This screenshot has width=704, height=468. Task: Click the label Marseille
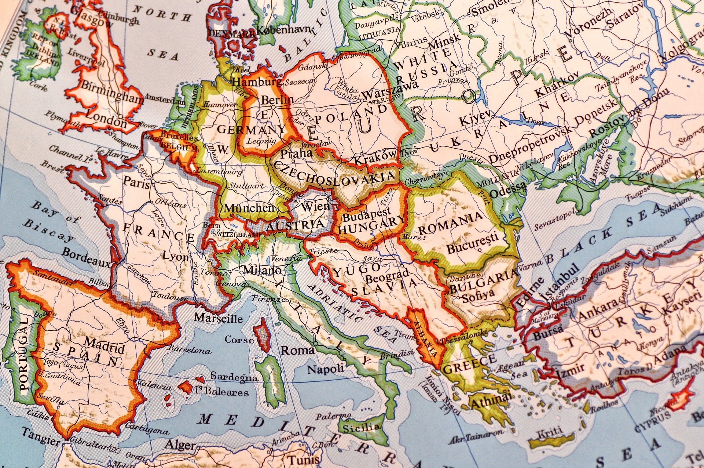218,318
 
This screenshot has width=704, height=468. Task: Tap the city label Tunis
303,460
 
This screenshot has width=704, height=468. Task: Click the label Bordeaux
86,257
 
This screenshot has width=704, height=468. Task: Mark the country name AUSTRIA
295,225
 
